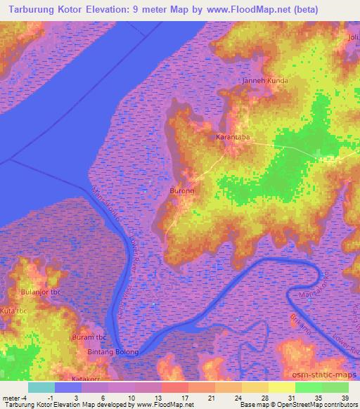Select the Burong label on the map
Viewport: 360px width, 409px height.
(182, 190)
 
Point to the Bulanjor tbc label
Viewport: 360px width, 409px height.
(42, 292)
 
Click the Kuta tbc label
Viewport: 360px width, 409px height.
(12, 310)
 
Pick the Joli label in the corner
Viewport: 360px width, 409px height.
(352, 37)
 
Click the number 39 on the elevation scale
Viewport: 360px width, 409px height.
(345, 398)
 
